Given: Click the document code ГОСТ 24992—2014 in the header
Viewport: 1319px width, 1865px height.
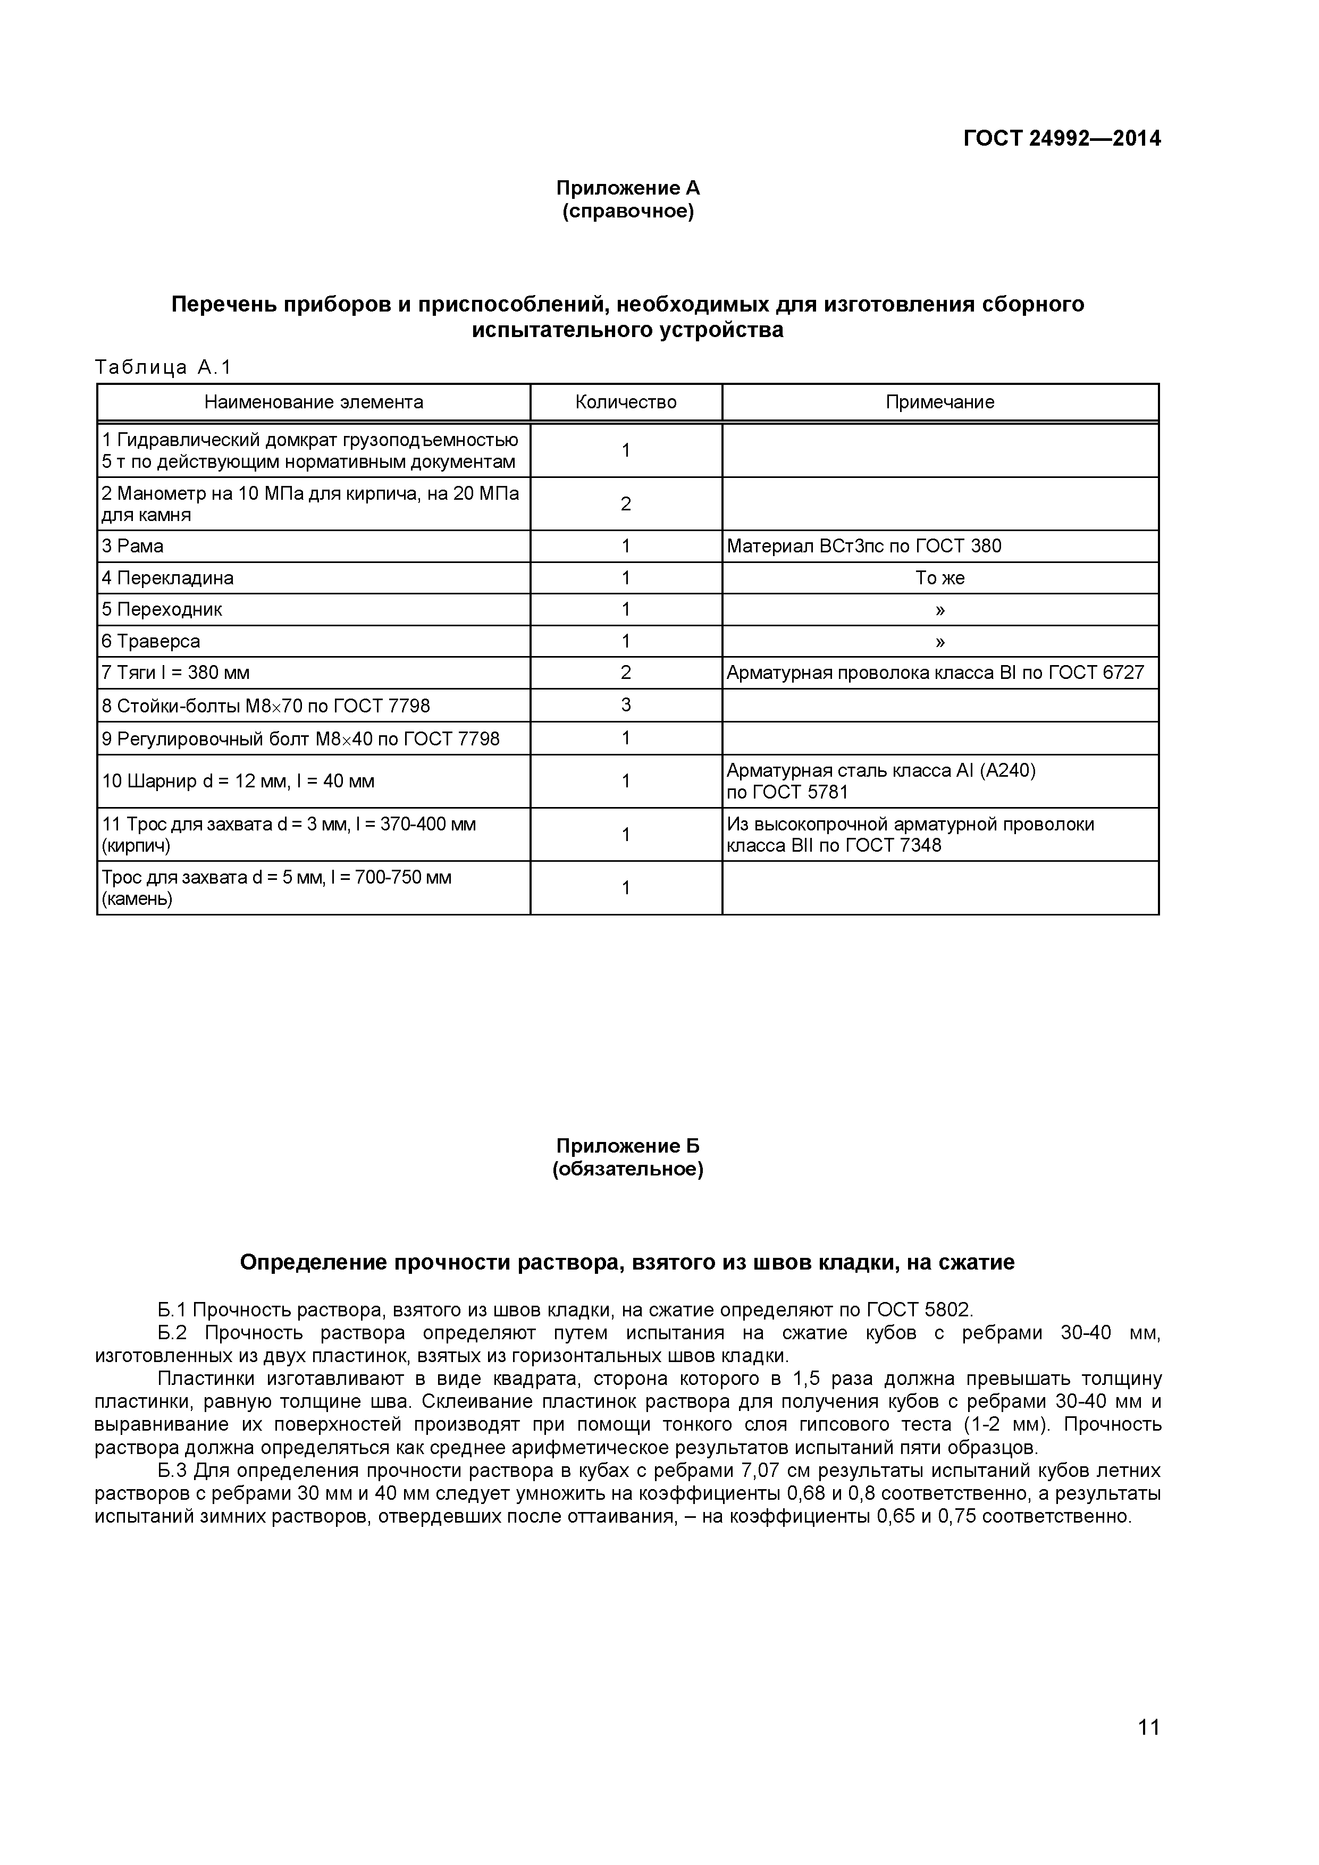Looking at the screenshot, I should coord(1062,139).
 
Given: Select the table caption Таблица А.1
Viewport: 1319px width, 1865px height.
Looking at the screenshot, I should coord(163,368).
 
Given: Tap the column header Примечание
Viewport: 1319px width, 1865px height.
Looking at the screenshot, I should coord(940,402).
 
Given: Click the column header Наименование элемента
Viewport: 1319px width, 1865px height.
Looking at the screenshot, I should coord(314,402).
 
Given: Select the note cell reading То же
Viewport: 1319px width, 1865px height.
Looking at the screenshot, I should coord(940,578).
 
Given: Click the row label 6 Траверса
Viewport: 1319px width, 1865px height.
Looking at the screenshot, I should coord(151,642).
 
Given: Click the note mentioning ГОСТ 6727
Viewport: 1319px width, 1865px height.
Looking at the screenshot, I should coord(935,674).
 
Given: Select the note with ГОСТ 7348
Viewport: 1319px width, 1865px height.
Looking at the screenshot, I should coord(910,835).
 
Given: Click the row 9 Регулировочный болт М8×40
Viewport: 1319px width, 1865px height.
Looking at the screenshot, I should coord(300,739).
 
